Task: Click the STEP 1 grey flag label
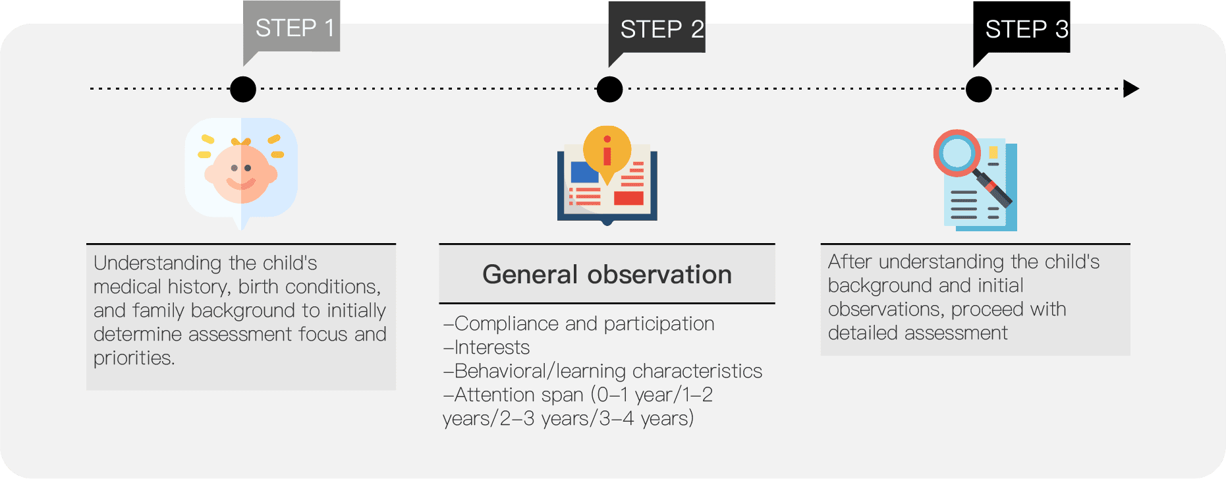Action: pyautogui.click(x=291, y=28)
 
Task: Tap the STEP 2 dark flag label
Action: pyautogui.click(x=657, y=28)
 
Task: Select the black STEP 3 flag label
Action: pyautogui.click(x=1022, y=28)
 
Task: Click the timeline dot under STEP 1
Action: pyautogui.click(x=243, y=89)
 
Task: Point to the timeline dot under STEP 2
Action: pyautogui.click(x=609, y=89)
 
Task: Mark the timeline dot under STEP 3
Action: pyautogui.click(x=979, y=89)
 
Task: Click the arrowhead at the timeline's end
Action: pyautogui.click(x=1131, y=88)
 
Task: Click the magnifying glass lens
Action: pyautogui.click(x=957, y=153)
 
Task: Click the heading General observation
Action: pyautogui.click(x=607, y=274)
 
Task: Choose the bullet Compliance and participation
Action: pyautogui.click(x=579, y=324)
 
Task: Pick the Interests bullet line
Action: pyautogui.click(x=487, y=347)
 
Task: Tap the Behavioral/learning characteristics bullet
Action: pyautogui.click(x=603, y=371)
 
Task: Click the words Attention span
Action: pyautogui.click(x=519, y=395)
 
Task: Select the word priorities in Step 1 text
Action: pyautogui.click(x=134, y=358)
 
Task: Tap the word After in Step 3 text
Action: pyautogui.click(x=850, y=262)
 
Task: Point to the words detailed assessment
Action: pyautogui.click(x=918, y=333)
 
